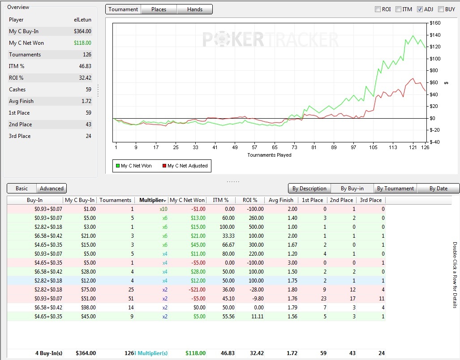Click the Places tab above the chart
[159, 9]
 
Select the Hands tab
[194, 9]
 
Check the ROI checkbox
[378, 9]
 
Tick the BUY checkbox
[441, 9]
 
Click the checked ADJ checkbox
[420, 9]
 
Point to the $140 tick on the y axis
[435, 35]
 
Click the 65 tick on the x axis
[275, 147]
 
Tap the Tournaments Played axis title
[269, 155]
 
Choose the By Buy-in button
[352, 189]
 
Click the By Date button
[439, 189]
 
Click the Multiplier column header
[151, 200]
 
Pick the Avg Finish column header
[281, 200]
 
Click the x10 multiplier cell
[163, 209]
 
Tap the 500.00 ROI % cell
[256, 227]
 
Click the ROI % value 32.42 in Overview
[85, 78]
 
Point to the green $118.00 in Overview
[82, 43]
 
